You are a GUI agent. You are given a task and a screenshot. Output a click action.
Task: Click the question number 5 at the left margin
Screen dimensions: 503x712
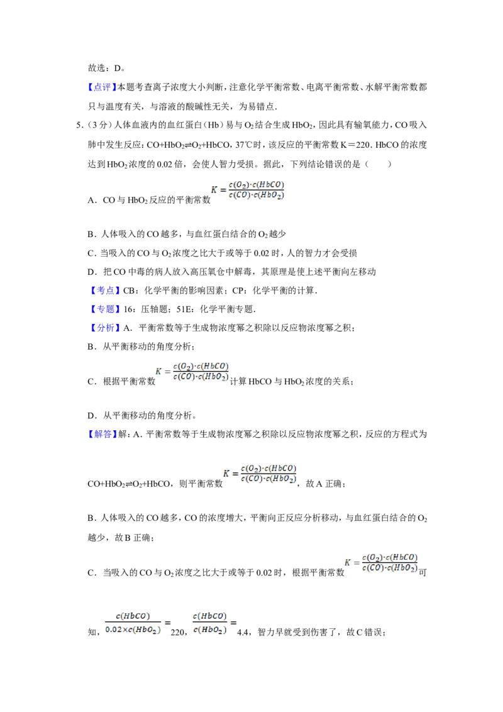[79, 125]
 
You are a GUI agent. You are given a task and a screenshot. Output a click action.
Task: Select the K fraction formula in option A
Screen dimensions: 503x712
[248, 190]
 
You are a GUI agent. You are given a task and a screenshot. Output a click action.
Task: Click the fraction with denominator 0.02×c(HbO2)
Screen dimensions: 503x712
[133, 623]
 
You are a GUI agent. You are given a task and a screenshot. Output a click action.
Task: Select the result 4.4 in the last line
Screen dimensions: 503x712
[243, 632]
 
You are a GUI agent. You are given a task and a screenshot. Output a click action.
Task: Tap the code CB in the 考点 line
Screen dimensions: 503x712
[128, 291]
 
